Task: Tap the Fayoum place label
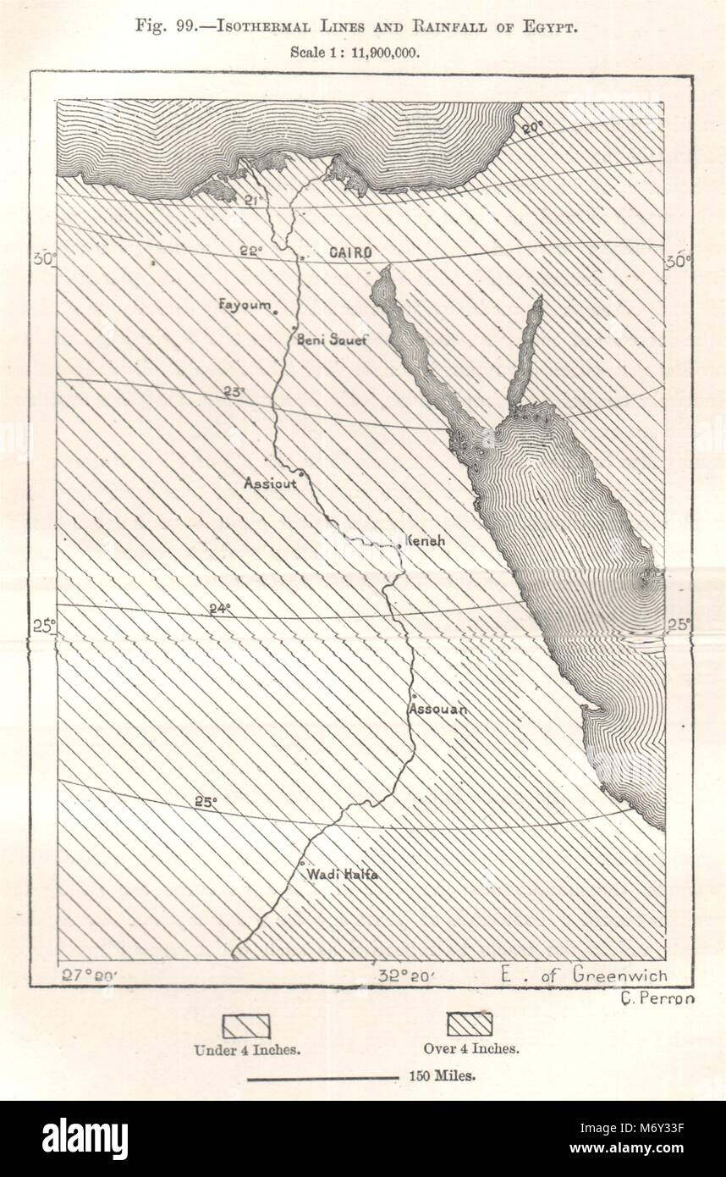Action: point(245,304)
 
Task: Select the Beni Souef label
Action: point(331,340)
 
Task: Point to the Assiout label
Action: point(270,484)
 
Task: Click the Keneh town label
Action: point(425,540)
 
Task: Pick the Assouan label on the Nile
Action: point(437,710)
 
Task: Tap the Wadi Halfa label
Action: point(342,875)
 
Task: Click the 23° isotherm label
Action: point(234,392)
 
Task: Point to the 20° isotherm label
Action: point(532,129)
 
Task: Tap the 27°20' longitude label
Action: point(87,975)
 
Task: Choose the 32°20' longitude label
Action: point(406,975)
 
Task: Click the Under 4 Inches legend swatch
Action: point(246,1025)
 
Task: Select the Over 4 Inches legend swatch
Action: point(470,1024)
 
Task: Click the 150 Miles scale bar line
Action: point(323,1078)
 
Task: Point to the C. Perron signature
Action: point(657,997)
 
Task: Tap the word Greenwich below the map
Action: point(619,975)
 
